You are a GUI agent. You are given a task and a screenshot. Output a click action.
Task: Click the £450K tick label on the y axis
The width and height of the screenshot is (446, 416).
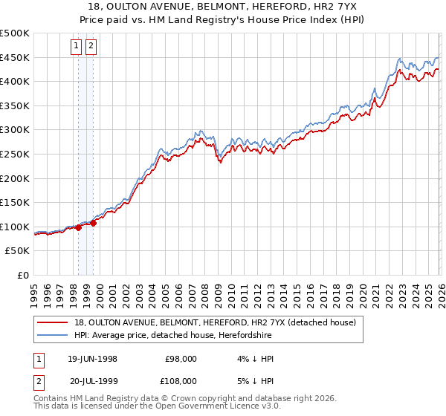point(15,57)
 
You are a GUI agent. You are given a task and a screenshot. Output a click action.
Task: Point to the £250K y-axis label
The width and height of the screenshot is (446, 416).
point(15,154)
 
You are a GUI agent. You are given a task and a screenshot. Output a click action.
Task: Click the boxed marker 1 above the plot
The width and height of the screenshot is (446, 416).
point(77,46)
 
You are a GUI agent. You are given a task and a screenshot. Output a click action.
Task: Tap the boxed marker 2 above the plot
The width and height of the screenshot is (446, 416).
point(91,46)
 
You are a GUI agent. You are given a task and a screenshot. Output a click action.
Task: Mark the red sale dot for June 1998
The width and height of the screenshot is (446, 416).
point(78,227)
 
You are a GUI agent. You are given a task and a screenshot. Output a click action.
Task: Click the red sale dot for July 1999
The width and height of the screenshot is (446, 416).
point(93,223)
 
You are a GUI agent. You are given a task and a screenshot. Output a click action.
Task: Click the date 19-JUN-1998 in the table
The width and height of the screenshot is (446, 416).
point(92,359)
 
